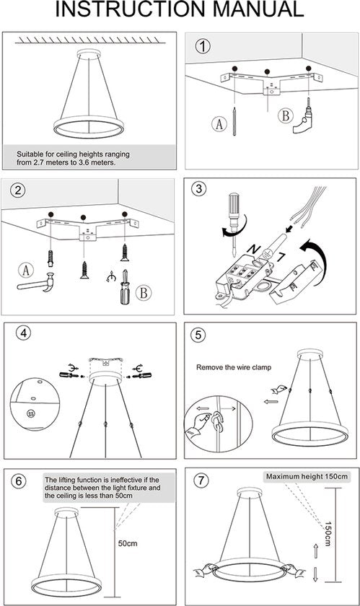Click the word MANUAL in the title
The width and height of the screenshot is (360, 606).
pos(258,9)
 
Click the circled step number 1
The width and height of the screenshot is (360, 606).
pos(203,46)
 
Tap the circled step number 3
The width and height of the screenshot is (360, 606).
pos(198,188)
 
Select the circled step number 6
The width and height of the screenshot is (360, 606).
pos(18,481)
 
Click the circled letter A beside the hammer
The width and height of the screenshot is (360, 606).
pos(26,270)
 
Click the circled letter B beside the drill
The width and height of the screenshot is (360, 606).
pos(286,116)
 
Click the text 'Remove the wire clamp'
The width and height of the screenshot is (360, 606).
pos(234,367)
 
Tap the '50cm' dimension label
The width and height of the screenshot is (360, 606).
pos(128,543)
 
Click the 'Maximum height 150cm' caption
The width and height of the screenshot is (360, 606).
pos(307,477)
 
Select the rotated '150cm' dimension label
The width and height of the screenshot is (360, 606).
pos(328,534)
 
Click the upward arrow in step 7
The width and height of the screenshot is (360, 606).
pos(315,550)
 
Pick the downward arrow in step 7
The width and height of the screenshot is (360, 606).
pos(315,574)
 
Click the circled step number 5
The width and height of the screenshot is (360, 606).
pos(198,335)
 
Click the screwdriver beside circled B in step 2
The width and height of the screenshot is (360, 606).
pos(125,288)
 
